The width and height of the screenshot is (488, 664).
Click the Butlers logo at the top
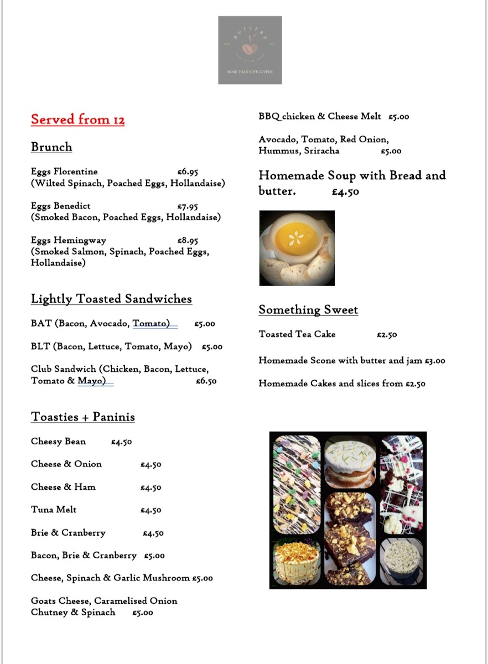pos(250,50)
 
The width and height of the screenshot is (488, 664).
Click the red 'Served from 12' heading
pos(77,120)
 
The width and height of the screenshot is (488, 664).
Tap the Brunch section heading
pos(51,147)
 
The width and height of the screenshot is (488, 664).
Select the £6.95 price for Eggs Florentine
pos(188,172)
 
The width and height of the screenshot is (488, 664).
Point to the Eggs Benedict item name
pos(61,206)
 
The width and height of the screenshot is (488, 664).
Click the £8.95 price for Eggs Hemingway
pos(188,241)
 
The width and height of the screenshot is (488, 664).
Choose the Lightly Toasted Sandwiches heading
pos(111,299)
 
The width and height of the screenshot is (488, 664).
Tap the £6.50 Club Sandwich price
pos(206,381)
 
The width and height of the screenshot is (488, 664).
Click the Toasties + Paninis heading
pos(83,417)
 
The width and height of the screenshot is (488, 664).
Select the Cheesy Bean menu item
pos(58,442)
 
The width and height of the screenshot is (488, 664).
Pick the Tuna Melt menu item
pos(54,510)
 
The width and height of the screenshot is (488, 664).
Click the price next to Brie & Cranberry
pos(153,533)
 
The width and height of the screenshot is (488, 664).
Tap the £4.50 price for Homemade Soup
pos(346,192)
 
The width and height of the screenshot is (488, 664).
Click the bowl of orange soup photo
pos(297,247)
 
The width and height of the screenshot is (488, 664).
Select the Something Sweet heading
pos(308,310)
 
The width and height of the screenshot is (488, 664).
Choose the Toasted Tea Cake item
pos(297,334)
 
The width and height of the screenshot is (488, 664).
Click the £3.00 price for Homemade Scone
pos(435,361)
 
